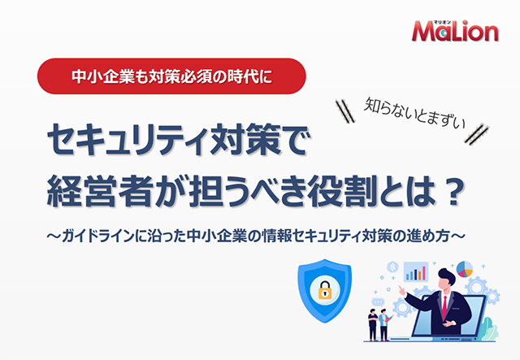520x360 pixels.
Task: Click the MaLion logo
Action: (455, 31)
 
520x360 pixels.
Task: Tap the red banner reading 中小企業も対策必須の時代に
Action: (171, 76)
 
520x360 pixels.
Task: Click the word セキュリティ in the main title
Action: (128, 139)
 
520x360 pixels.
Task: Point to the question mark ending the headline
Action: (453, 191)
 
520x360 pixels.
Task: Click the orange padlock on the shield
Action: (325, 290)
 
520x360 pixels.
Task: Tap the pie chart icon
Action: (464, 269)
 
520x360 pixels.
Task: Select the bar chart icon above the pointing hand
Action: (416, 271)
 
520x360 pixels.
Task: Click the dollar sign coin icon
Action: (392, 267)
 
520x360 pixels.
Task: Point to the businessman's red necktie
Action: (444, 307)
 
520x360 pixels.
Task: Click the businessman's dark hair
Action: (447, 276)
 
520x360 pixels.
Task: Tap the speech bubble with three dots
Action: (377, 302)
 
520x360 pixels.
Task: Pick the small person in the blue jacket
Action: (384, 324)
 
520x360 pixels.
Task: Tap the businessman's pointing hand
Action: (402, 291)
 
